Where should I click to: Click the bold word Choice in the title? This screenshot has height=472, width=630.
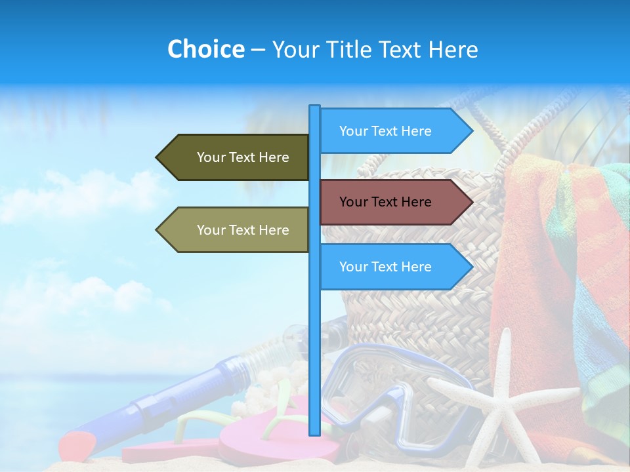tap(205, 49)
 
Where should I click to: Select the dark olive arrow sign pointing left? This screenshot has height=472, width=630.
tap(233, 157)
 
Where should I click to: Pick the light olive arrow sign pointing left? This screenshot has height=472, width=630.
tap(233, 230)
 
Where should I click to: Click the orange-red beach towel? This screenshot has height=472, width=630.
tap(532, 275)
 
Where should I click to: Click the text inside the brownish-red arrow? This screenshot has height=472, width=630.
tap(385, 202)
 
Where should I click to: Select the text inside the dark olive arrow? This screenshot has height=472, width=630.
tap(243, 157)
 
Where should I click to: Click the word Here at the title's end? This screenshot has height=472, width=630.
tap(453, 49)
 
